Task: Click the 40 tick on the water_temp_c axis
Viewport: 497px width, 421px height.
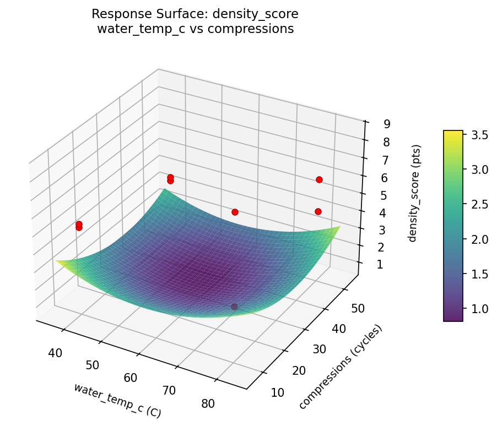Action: [55, 353]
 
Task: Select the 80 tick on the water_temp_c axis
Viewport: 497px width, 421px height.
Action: [208, 403]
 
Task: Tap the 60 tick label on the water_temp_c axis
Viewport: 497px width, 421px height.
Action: [131, 378]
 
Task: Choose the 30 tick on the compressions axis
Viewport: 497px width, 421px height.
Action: [316, 349]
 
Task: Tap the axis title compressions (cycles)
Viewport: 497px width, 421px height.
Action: [340, 367]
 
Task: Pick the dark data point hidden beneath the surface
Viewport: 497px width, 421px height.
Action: [235, 307]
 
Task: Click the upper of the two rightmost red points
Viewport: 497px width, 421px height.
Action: [319, 179]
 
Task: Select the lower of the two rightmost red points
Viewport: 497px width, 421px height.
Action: [318, 211]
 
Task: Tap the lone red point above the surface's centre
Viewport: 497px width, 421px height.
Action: [235, 212]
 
